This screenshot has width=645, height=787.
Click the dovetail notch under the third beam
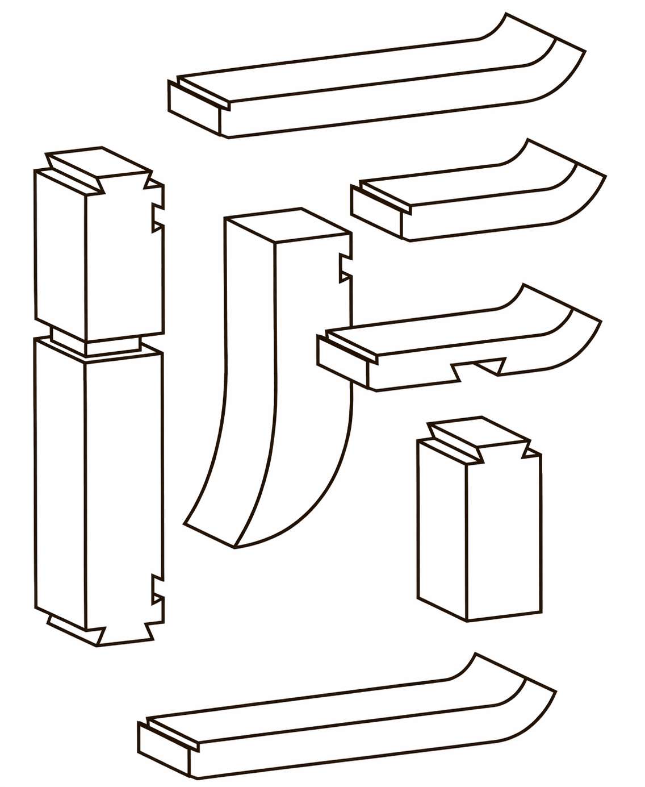click(479, 368)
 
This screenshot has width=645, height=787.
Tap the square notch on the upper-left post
click(158, 217)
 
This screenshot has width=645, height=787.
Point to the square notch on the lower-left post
click(158, 589)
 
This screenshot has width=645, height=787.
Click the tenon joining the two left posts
click(95, 343)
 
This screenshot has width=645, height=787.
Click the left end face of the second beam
click(376, 212)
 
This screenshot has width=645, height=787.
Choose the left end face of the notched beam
click(342, 361)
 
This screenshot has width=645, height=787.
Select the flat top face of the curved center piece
click(288, 226)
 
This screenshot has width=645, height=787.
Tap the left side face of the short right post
click(442, 530)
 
